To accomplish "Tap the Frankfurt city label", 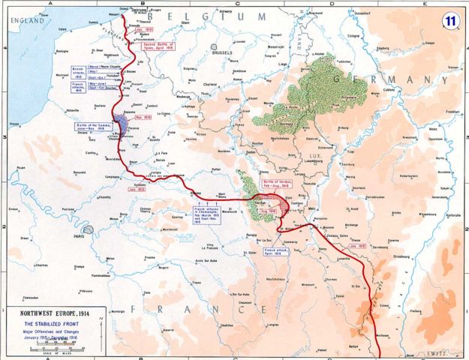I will [x=451, y=111].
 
